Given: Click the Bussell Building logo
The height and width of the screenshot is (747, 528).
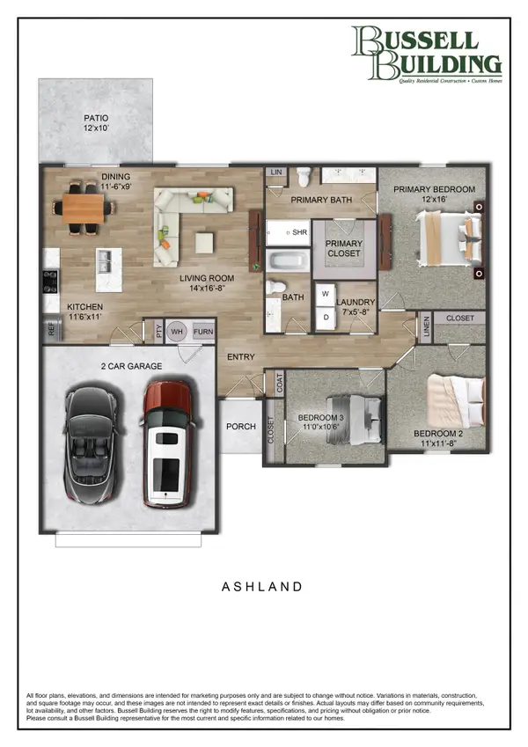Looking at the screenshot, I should (x=426, y=54).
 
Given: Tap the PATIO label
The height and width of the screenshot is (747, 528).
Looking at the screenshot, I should (x=96, y=121).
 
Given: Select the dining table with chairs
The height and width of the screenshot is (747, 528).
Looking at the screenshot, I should (x=84, y=209).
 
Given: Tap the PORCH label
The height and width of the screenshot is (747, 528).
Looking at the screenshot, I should (x=241, y=427).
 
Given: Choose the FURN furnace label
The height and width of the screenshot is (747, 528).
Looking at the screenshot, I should (x=202, y=332).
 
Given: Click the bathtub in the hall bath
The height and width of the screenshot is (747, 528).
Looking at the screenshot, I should (x=288, y=260).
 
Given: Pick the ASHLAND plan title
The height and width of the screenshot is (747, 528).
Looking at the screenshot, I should (x=263, y=586).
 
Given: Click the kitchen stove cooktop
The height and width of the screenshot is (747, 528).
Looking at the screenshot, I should (x=50, y=282).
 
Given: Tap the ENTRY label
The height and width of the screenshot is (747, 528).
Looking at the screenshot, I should (x=241, y=357).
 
